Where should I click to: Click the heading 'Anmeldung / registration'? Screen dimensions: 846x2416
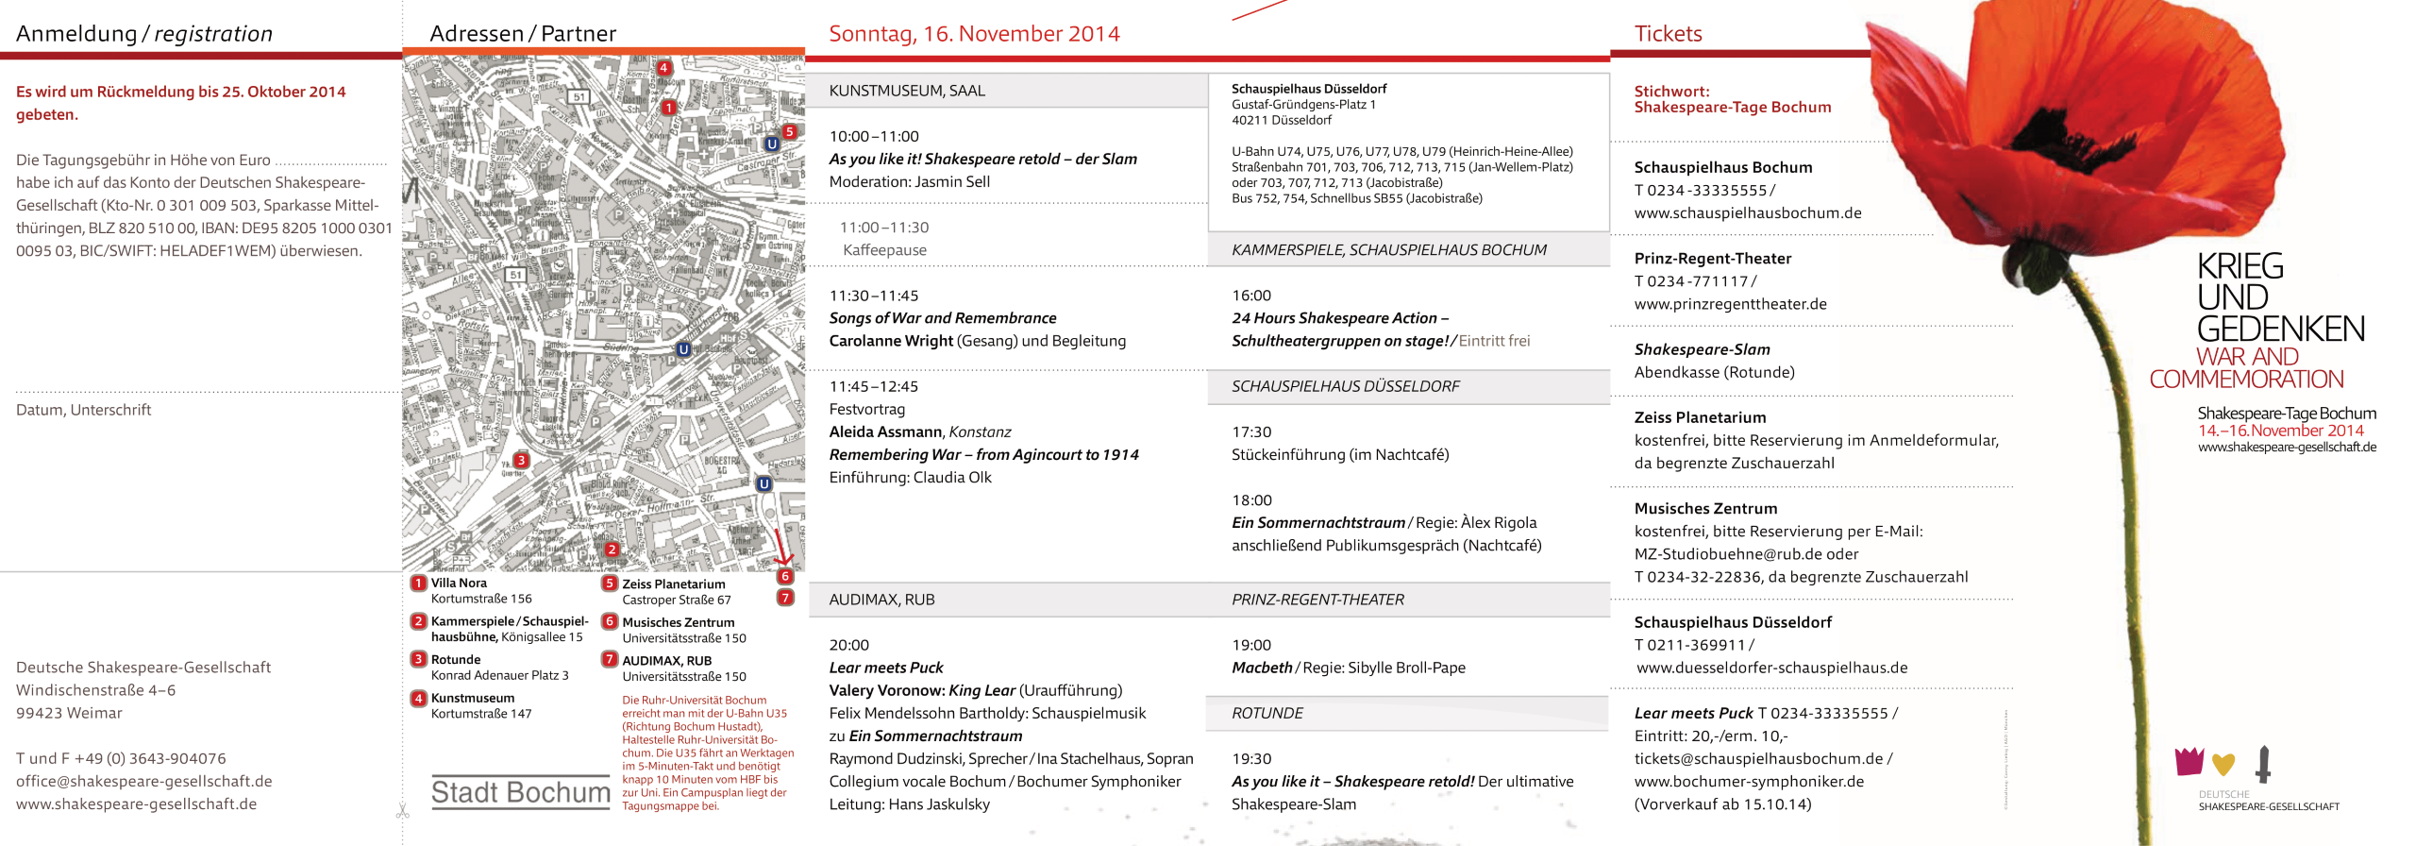[144, 34]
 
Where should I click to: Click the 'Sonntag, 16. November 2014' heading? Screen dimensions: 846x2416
[974, 34]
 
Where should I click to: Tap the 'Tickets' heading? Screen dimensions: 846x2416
[1668, 34]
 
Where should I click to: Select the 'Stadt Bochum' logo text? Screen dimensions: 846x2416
[520, 792]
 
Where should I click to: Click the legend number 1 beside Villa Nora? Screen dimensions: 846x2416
[419, 584]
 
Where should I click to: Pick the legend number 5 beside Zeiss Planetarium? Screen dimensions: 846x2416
[610, 584]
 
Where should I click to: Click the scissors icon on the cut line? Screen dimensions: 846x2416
[403, 810]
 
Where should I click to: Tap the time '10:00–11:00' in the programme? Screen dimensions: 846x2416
[874, 136]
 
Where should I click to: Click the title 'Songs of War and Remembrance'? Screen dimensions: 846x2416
[942, 318]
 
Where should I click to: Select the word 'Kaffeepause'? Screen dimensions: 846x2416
[884, 250]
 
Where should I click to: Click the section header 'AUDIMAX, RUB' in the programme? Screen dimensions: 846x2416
[881, 600]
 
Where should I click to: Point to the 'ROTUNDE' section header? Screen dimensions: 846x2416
[1267, 714]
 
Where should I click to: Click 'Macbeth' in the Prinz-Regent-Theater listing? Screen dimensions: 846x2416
[1262, 668]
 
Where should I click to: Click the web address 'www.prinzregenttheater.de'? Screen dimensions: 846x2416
[1730, 304]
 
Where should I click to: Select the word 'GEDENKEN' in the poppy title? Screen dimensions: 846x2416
[2280, 330]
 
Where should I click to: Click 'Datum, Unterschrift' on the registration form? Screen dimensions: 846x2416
[83, 410]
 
